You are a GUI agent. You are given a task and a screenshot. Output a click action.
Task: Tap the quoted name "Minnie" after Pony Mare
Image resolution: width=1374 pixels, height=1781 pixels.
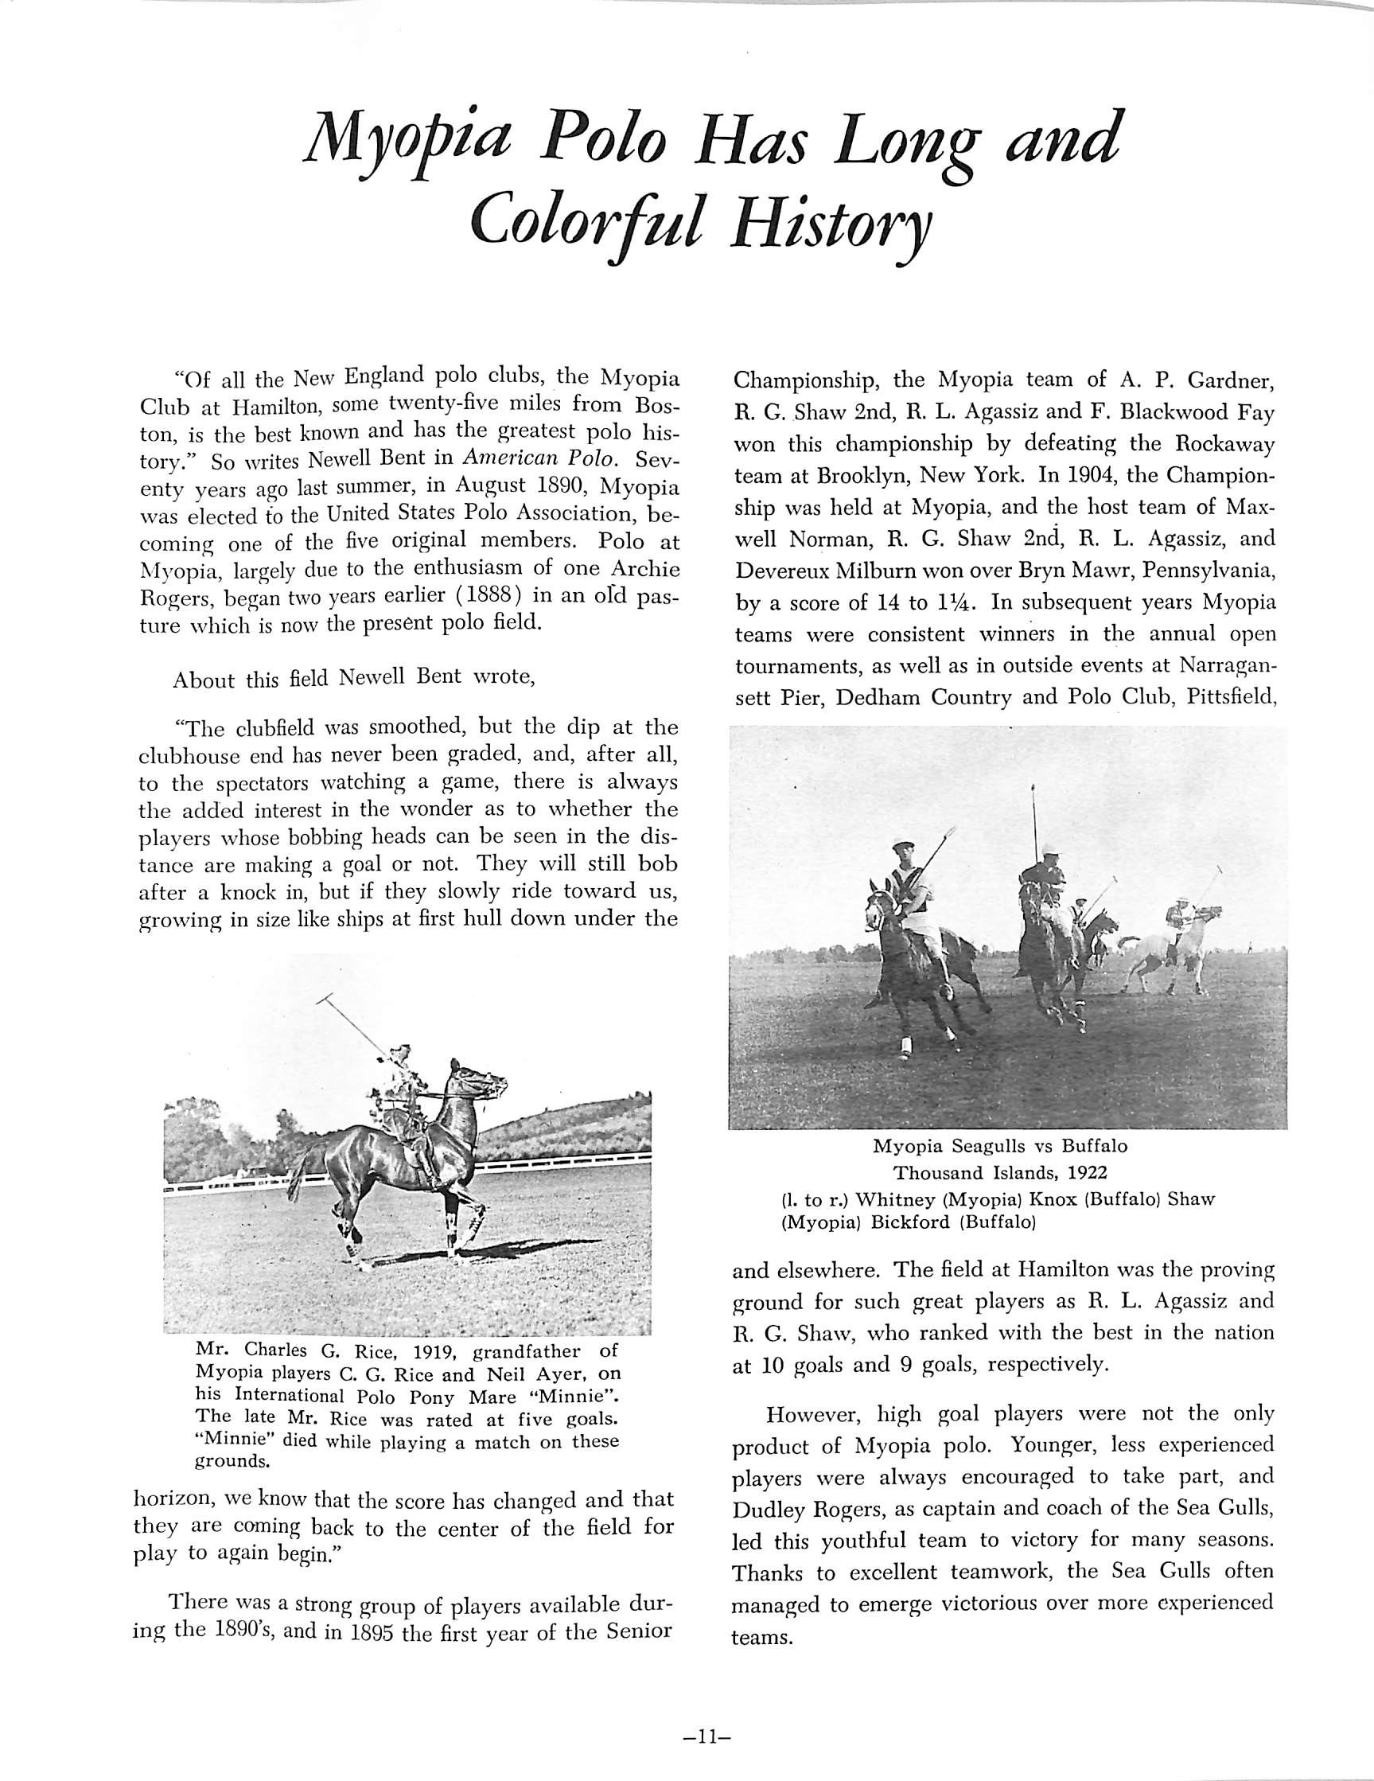click(x=586, y=1393)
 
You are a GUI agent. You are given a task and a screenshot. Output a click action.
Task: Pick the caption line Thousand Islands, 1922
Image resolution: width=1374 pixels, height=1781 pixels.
click(x=1001, y=1173)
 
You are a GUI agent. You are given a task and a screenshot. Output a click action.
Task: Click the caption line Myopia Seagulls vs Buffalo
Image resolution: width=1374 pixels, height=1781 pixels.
click(x=1001, y=1146)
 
